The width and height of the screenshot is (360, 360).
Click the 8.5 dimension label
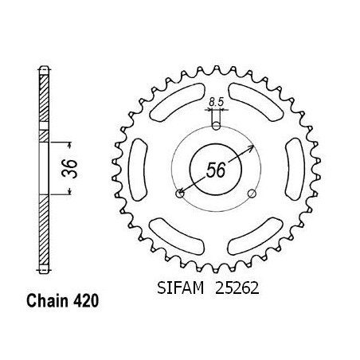click(217, 102)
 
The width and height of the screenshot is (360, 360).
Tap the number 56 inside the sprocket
click(216, 170)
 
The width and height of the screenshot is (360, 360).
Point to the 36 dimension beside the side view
click(70, 169)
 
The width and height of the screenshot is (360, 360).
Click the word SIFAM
click(181, 288)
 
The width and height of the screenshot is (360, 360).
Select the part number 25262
click(237, 288)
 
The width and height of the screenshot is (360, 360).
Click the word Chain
click(48, 301)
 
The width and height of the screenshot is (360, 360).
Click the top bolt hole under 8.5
click(217, 126)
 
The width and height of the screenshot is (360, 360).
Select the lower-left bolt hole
click(180, 194)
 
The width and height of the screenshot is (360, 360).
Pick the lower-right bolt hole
click(252, 194)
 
